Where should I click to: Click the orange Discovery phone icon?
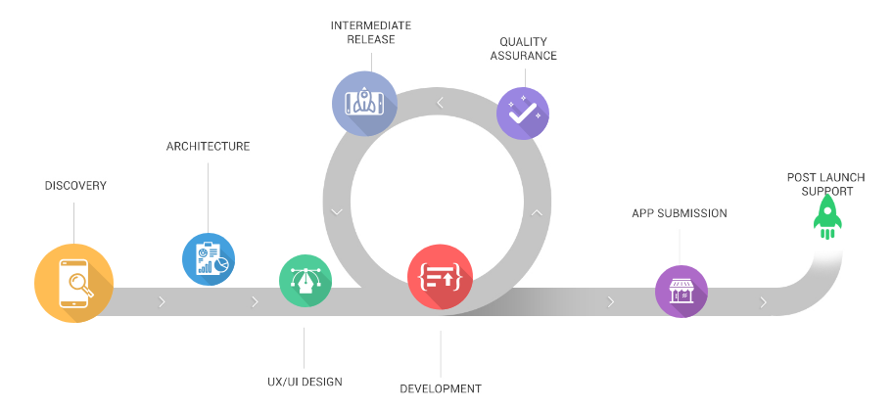pyautogui.click(x=73, y=284)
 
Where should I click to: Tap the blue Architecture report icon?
pyautogui.click(x=209, y=258)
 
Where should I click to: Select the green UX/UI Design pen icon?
pyautogui.click(x=305, y=281)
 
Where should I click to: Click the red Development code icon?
pyautogui.click(x=440, y=276)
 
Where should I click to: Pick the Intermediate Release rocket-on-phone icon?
pyautogui.click(x=364, y=103)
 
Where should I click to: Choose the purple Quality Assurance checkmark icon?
pyautogui.click(x=523, y=114)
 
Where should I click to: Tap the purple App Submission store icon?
pyautogui.click(x=681, y=291)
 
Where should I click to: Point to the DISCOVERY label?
pyautogui.click(x=75, y=186)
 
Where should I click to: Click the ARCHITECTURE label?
pyautogui.click(x=208, y=147)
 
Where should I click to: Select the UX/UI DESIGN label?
pyautogui.click(x=304, y=382)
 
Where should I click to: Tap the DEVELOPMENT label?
pyautogui.click(x=441, y=388)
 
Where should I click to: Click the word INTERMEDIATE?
pyautogui.click(x=369, y=25)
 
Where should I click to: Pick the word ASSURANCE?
pyautogui.click(x=523, y=56)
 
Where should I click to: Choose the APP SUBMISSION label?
pyautogui.click(x=680, y=213)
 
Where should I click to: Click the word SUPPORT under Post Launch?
pyautogui.click(x=826, y=191)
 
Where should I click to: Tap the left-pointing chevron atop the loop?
pyautogui.click(x=441, y=102)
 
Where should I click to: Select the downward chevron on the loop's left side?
pyautogui.click(x=337, y=210)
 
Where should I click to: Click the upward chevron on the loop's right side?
pyautogui.click(x=536, y=210)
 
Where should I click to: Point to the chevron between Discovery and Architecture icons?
pyautogui.click(x=162, y=301)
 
